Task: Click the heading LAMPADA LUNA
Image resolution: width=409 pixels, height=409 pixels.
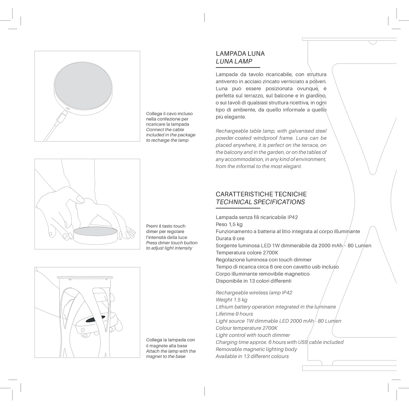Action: click(x=240, y=54)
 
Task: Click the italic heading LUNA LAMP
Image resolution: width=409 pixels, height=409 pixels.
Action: click(x=234, y=62)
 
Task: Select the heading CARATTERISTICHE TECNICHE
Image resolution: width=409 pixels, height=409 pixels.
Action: click(x=261, y=194)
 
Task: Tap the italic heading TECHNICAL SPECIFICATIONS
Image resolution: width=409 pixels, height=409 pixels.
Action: click(x=260, y=202)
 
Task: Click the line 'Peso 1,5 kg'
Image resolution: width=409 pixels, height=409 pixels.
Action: click(x=229, y=224)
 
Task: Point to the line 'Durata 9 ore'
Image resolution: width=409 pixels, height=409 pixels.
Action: click(x=230, y=239)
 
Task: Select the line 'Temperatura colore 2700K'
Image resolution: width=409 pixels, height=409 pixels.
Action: click(x=247, y=253)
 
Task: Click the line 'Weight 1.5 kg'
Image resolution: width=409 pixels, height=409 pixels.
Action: click(x=231, y=300)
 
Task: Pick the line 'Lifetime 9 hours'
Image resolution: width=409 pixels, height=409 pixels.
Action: click(x=234, y=314)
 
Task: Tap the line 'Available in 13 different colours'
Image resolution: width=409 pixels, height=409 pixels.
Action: click(x=252, y=357)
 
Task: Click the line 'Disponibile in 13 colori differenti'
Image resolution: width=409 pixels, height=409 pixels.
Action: click(x=254, y=281)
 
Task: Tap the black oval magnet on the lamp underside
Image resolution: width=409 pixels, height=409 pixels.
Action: click(x=93, y=320)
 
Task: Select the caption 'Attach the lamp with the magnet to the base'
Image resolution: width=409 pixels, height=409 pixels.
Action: click(x=171, y=354)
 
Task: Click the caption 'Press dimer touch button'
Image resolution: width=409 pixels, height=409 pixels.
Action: click(x=171, y=243)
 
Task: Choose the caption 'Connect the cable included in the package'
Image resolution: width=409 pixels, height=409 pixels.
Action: click(x=170, y=132)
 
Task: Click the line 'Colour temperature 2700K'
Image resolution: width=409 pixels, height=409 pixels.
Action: click(x=246, y=328)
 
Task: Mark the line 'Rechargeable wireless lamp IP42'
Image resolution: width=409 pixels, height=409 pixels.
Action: click(x=254, y=293)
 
